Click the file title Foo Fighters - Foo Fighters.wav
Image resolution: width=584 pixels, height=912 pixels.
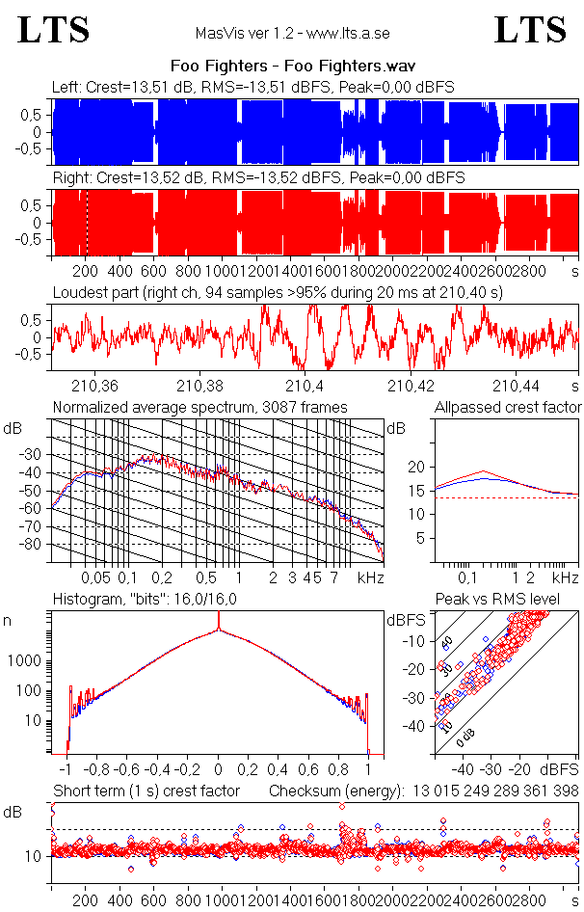tap(291, 67)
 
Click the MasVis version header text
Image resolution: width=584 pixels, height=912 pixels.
tap(292, 33)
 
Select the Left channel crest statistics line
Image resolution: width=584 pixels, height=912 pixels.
tap(253, 88)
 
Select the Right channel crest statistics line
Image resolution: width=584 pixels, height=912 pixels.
tap(258, 178)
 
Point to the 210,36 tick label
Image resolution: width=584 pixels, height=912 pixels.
tap(96, 386)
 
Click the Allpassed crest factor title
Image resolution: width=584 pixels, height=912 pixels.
tap(508, 408)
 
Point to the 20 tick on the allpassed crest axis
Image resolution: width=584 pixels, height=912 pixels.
tap(416, 467)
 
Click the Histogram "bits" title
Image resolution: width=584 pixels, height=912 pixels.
tap(145, 600)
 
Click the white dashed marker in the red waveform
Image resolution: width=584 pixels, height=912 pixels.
tap(87, 224)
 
